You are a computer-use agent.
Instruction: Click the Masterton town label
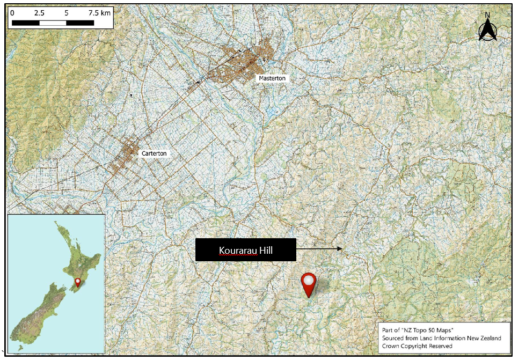[272, 78]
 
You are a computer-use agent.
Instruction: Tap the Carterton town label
[154, 153]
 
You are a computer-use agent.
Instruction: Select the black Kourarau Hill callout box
[246, 250]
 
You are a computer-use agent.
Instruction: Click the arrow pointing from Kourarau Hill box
[319, 249]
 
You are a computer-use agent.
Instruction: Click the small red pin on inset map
[78, 282]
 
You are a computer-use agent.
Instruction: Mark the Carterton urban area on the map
[127, 156]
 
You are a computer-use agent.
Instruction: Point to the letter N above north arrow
[487, 15]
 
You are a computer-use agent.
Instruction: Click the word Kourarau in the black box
[238, 251]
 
